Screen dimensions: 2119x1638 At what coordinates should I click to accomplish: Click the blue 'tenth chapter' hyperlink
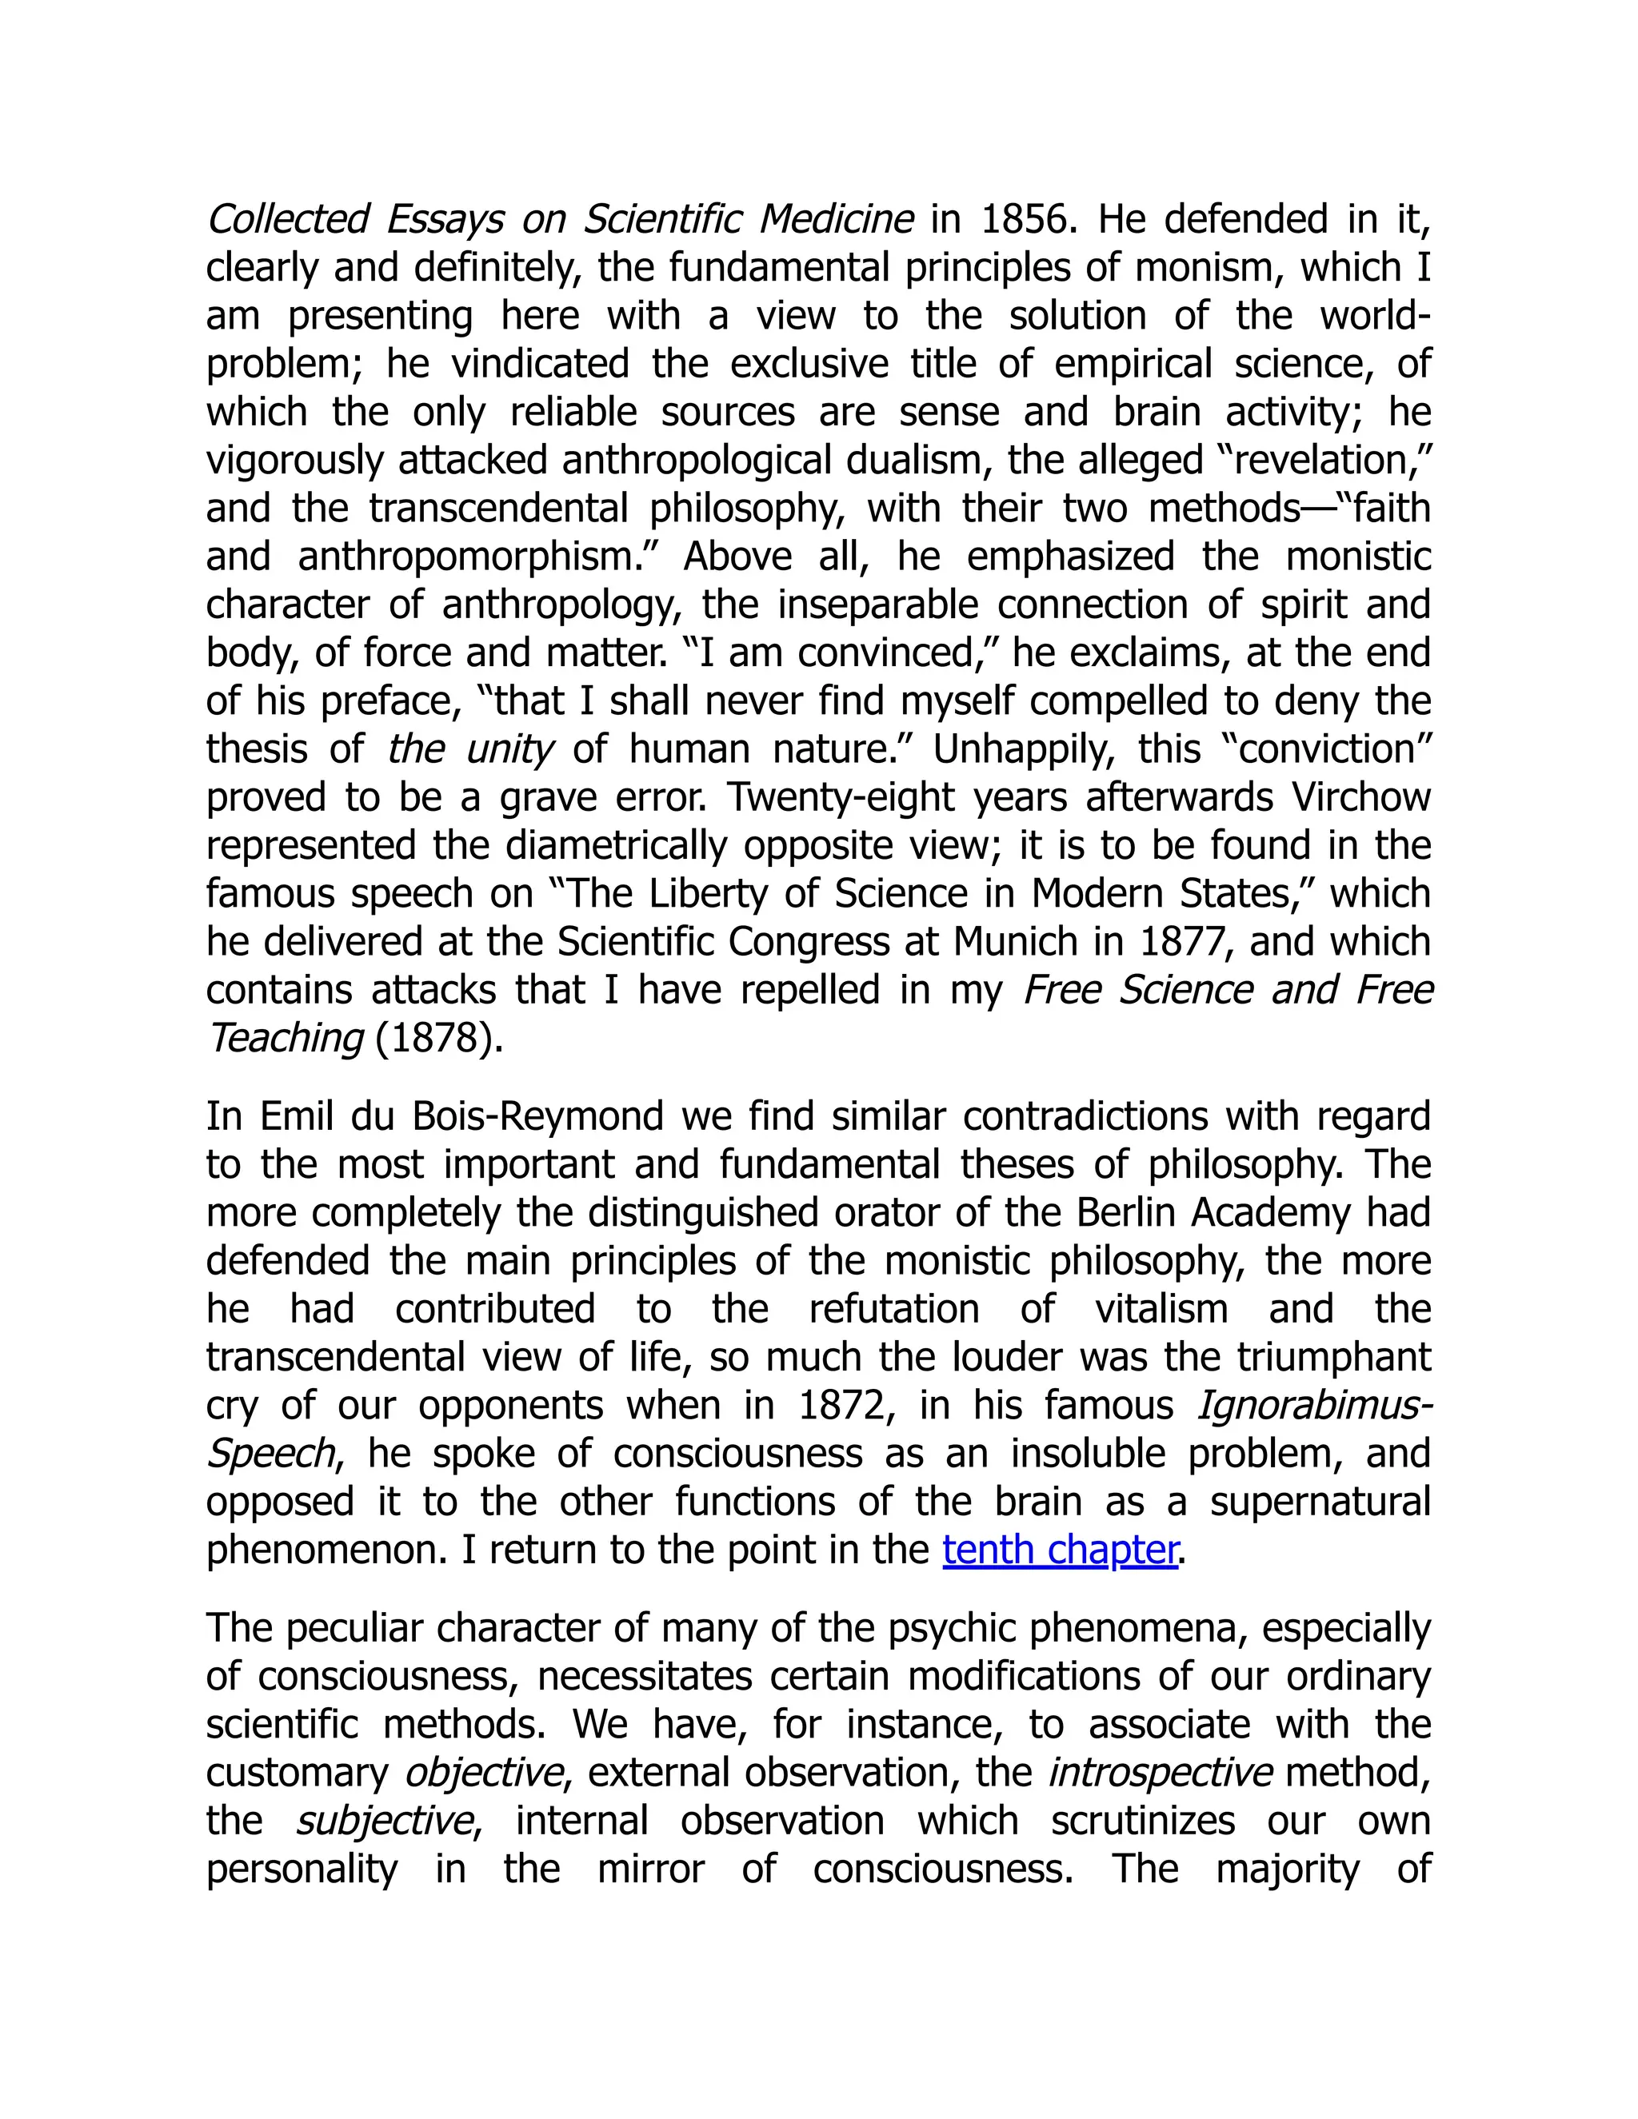pos(1061,1550)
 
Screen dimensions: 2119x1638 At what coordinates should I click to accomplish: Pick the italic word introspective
pos(1160,1773)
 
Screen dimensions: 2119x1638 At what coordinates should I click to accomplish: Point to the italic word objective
pos(482,1773)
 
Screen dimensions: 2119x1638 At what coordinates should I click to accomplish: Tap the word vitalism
pos(1161,1309)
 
